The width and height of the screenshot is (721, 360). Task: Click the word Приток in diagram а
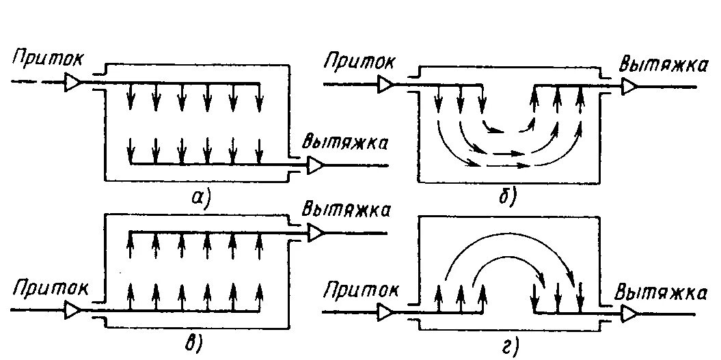pos(49,59)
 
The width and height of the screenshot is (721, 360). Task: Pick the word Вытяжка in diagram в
pos(346,210)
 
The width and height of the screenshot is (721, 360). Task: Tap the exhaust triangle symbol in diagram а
pos(316,165)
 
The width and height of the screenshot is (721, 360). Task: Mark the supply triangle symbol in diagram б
pos(386,85)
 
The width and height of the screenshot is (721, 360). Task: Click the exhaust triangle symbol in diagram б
pos(629,86)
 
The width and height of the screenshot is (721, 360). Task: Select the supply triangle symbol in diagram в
pos(73,311)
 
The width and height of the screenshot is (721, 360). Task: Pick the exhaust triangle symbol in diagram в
pos(316,233)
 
